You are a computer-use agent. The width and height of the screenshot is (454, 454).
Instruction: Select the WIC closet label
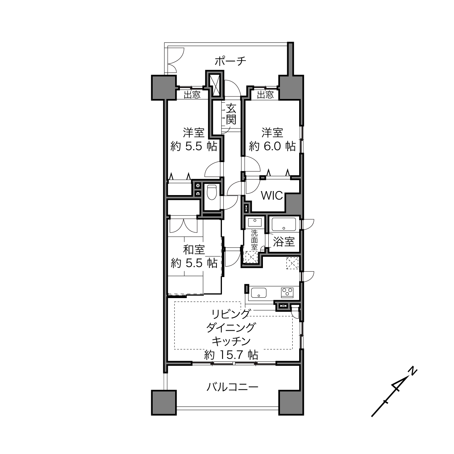272,196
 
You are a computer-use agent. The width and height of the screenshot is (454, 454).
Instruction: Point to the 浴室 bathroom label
284,242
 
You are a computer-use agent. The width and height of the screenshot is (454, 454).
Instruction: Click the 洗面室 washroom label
254,240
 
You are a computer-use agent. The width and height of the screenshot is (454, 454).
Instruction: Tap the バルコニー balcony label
232,387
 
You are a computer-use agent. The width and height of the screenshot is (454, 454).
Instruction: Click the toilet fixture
211,192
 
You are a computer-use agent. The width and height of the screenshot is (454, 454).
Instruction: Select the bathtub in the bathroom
284,224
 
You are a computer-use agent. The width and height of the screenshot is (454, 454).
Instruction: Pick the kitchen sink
259,293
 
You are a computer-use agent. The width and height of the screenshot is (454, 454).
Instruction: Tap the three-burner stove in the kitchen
287,292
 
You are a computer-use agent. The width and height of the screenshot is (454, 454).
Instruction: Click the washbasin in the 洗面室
255,222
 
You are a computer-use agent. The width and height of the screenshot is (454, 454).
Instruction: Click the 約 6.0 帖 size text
272,146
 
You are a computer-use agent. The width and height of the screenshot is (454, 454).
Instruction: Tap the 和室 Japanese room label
194,250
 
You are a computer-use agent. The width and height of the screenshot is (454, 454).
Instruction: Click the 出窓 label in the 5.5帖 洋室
192,95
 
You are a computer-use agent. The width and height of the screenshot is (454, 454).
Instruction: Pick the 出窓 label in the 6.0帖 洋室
265,95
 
